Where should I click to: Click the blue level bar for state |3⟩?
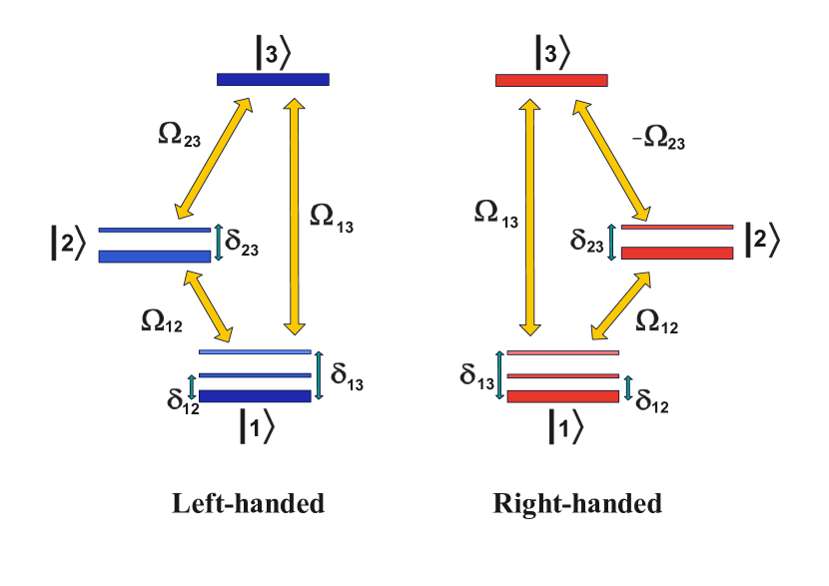click(273, 79)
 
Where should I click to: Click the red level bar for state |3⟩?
click(551, 80)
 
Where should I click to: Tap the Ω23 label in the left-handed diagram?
click(179, 134)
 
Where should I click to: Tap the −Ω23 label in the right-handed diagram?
click(660, 137)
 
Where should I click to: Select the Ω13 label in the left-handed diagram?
click(331, 218)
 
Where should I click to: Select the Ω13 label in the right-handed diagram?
click(496, 214)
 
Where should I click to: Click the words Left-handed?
click(249, 503)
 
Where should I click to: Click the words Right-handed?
click(577, 503)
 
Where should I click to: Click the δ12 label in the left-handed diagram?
click(183, 400)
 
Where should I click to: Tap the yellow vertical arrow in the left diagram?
click(294, 216)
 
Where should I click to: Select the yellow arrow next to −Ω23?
click(610, 160)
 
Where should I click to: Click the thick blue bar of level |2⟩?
click(155, 257)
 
